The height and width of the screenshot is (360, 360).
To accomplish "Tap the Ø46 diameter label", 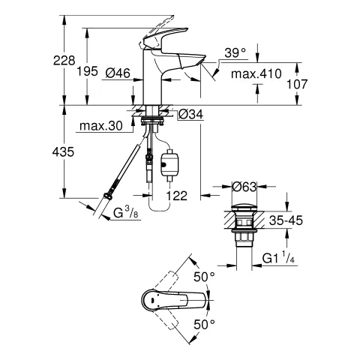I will [x=118, y=73].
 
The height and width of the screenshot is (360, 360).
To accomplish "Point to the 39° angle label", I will [x=234, y=52].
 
